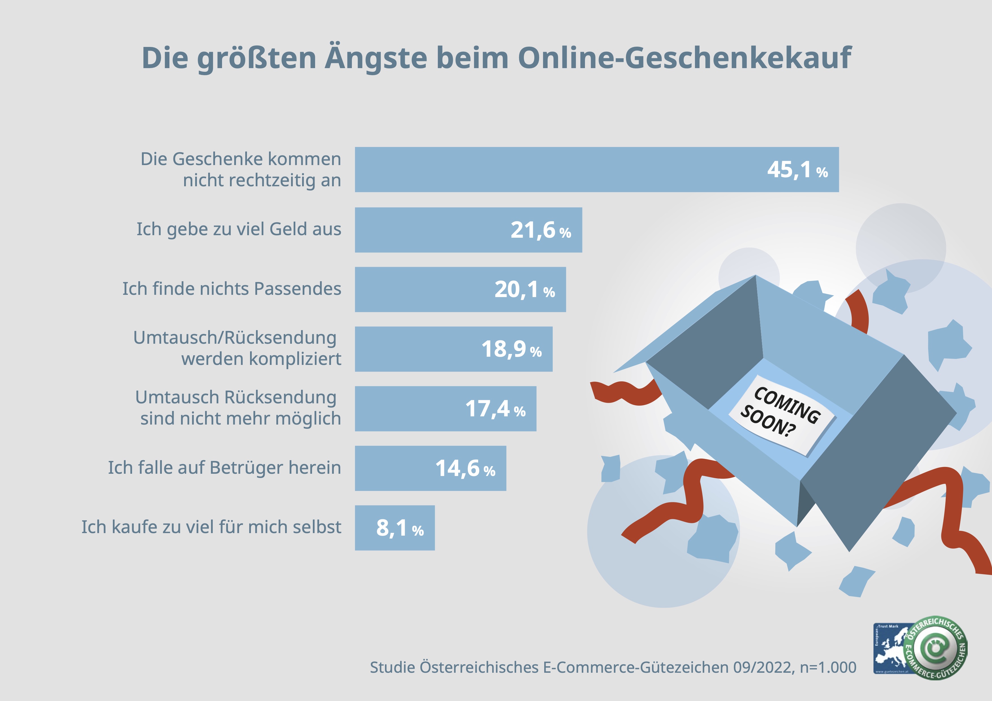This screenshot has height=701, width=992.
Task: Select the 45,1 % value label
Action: [797, 170]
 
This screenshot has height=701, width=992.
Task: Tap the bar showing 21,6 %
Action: [432, 230]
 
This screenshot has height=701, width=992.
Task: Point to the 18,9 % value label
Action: [511, 349]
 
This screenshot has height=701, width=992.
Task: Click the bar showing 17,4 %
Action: [410, 409]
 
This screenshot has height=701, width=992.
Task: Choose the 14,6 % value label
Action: [465, 468]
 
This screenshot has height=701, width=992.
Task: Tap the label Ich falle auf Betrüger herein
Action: [224, 468]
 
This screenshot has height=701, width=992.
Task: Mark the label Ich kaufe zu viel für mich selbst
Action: [211, 527]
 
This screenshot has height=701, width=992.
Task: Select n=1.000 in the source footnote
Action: [828, 667]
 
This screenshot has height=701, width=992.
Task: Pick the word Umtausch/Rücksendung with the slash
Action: [234, 337]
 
